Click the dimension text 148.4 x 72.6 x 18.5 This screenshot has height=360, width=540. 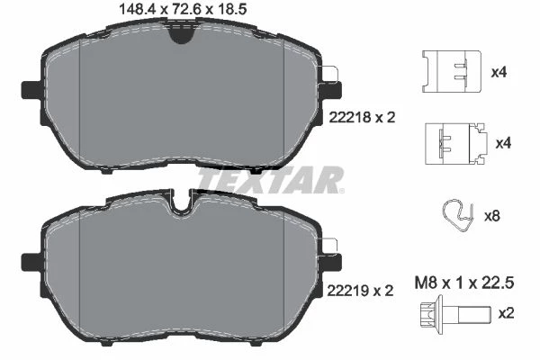tap(183, 9)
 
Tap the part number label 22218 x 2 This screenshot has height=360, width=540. tap(362, 118)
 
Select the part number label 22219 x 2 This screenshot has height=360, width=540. tap(360, 291)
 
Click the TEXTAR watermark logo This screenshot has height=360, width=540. tap(271, 180)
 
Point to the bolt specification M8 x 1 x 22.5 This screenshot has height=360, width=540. tap(464, 283)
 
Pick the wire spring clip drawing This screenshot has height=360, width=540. tap(458, 215)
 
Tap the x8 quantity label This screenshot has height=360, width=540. tap(491, 216)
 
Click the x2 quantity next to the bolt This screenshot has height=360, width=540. tap(506, 313)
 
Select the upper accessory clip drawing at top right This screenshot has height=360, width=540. tap(452, 72)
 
